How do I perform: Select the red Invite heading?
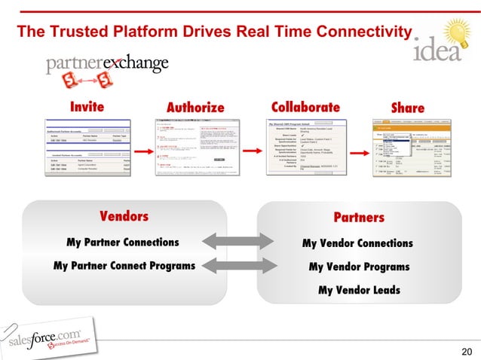[87, 107]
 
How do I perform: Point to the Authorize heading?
[195, 107]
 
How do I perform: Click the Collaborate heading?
[305, 107]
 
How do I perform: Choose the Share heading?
[408, 108]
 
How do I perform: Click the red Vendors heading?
[124, 217]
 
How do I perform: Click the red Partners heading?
[359, 218]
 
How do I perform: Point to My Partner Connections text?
[123, 243]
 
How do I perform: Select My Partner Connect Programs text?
[124, 266]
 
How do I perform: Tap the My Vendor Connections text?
[357, 243]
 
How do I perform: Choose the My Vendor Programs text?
[359, 267]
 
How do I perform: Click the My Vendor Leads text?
[359, 290]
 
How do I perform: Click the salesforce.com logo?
[49, 337]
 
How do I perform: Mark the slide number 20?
[465, 349]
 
